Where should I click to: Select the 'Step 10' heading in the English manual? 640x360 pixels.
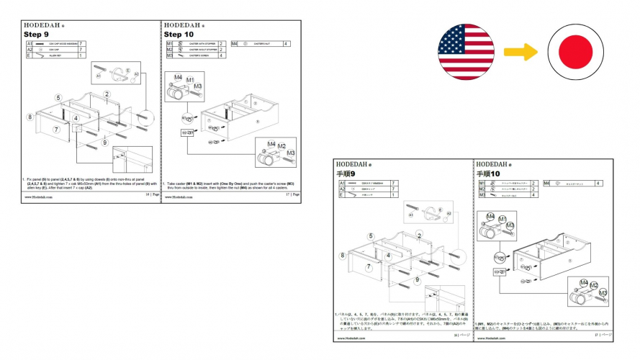point(179,34)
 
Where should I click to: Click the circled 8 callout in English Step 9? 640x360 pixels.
point(30,117)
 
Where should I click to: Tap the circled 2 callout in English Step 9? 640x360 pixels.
point(107,94)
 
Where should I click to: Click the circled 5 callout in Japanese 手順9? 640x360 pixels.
point(371,236)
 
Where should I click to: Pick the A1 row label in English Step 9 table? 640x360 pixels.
point(29,44)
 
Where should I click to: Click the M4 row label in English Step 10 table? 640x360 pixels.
point(235,44)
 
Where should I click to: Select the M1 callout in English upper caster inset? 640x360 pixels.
point(191,78)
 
